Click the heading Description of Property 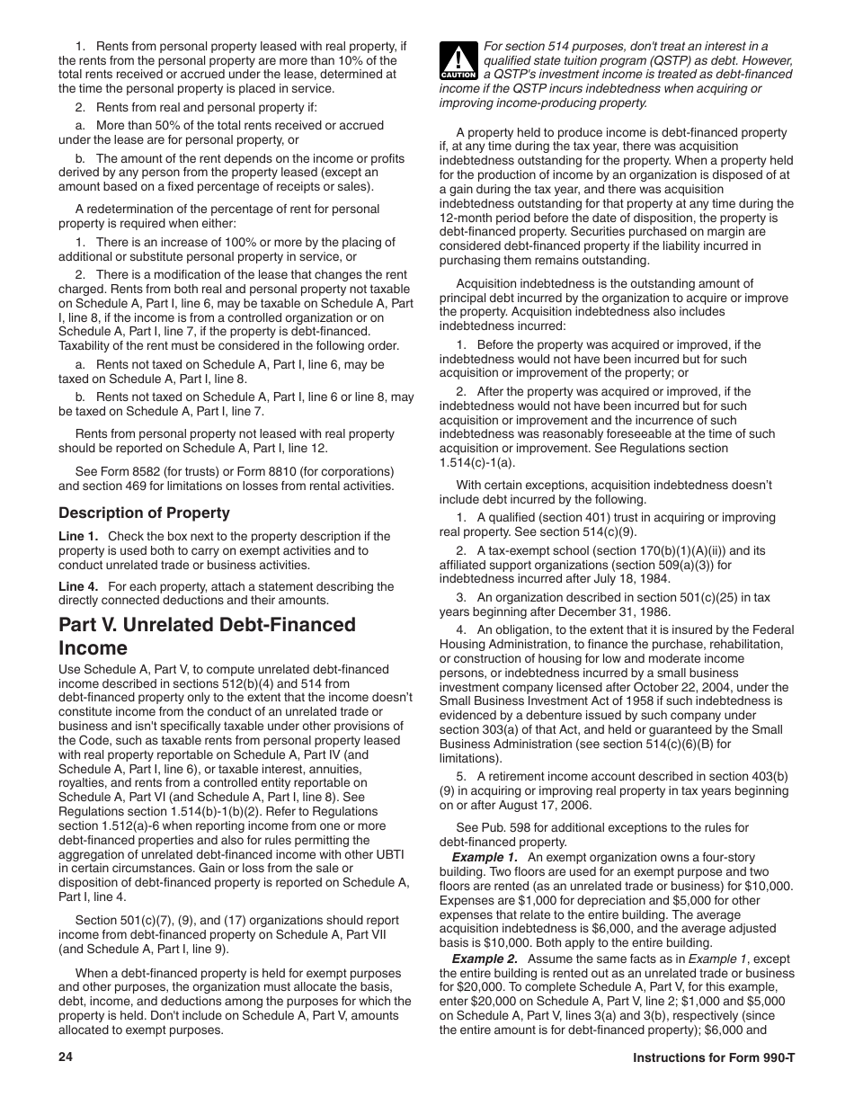coord(144,513)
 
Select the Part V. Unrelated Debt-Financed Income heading coord(207,636)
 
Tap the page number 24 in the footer coord(66,1057)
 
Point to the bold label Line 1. coord(78,537)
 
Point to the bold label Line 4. coord(78,586)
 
